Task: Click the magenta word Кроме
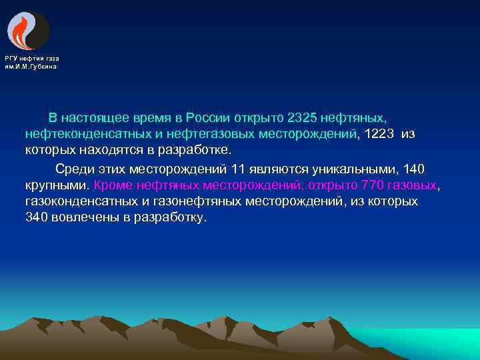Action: click(113, 185)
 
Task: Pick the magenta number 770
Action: click(372, 185)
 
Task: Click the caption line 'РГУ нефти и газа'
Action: click(31, 59)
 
